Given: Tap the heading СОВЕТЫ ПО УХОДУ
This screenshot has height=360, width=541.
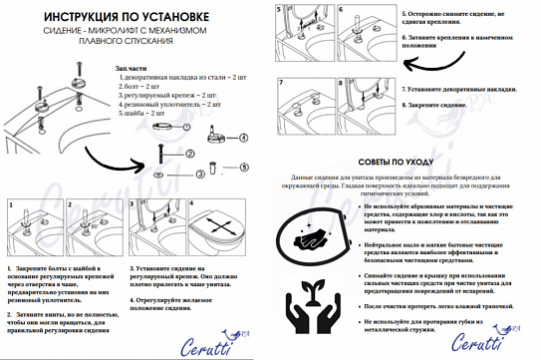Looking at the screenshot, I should pos(404,160).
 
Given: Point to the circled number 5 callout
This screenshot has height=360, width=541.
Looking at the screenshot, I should pos(243,166).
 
